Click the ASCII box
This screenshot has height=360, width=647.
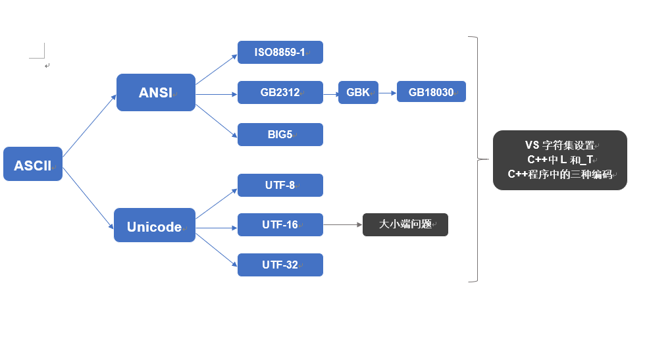[33, 164]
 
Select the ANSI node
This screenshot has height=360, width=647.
[156, 93]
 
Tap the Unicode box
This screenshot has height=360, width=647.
[155, 226]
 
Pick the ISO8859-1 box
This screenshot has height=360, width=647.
[280, 52]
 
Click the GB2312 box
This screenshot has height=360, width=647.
[280, 92]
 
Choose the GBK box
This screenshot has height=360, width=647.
[358, 92]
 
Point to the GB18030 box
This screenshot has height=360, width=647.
[431, 92]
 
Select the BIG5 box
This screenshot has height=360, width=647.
[280, 134]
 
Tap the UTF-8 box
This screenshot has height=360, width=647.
[280, 185]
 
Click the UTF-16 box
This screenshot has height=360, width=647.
[280, 224]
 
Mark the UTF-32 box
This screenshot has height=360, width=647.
[280, 265]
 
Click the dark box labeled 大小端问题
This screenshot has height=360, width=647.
[405, 224]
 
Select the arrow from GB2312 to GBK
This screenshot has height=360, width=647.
[330, 93]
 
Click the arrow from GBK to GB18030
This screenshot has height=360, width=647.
[388, 92]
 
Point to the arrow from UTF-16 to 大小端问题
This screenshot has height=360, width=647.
[343, 224]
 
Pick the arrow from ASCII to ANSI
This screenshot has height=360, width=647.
[90, 126]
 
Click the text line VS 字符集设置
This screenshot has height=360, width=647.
[559, 145]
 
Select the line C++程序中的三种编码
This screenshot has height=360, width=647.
[559, 174]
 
